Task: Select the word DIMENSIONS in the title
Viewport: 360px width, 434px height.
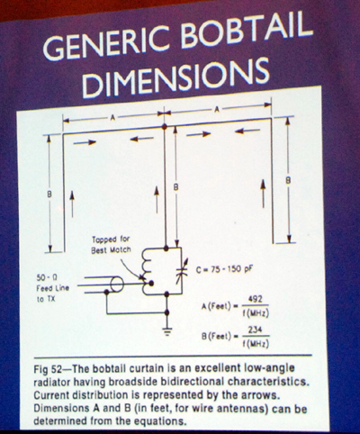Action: click(x=176, y=78)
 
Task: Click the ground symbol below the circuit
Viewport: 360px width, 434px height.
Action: click(x=167, y=331)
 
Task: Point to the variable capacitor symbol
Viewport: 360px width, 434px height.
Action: click(x=181, y=271)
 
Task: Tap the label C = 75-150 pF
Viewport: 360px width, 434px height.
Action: click(x=224, y=269)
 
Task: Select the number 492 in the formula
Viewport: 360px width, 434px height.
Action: click(x=256, y=300)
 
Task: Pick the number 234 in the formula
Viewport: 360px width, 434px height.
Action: click(x=256, y=330)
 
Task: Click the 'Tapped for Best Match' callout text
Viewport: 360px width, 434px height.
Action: click(x=111, y=244)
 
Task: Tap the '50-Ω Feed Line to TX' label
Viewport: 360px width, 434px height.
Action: click(x=52, y=288)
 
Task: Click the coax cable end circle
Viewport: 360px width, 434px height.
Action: click(x=117, y=285)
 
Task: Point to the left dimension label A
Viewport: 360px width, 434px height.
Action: click(x=112, y=118)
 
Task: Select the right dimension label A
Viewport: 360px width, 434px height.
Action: click(x=216, y=110)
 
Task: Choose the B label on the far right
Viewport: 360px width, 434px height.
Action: click(x=288, y=181)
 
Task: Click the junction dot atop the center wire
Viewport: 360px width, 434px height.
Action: click(x=164, y=127)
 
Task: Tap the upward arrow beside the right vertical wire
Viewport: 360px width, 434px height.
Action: click(x=263, y=194)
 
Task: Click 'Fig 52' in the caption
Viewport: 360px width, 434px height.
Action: click(x=47, y=369)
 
